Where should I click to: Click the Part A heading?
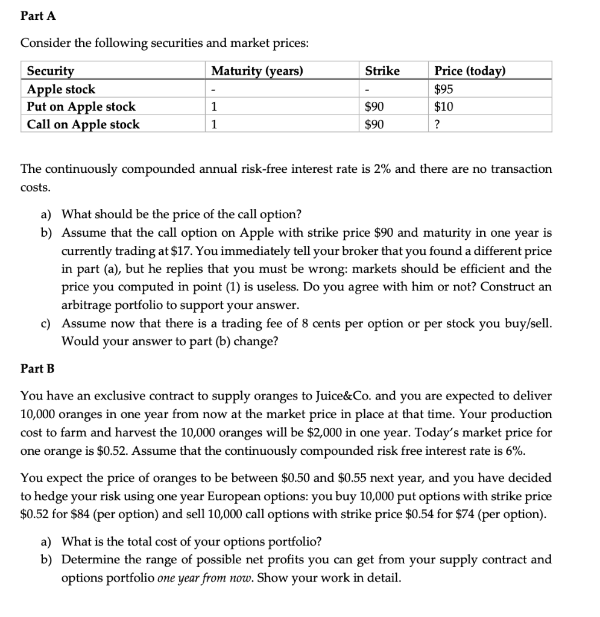(x=38, y=16)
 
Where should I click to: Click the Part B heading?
(x=37, y=368)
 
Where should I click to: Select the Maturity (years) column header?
(x=257, y=71)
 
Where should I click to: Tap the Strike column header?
(x=382, y=71)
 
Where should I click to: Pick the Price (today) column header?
(x=470, y=71)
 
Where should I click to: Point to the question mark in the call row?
(x=438, y=125)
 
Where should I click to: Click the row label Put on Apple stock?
(x=81, y=107)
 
